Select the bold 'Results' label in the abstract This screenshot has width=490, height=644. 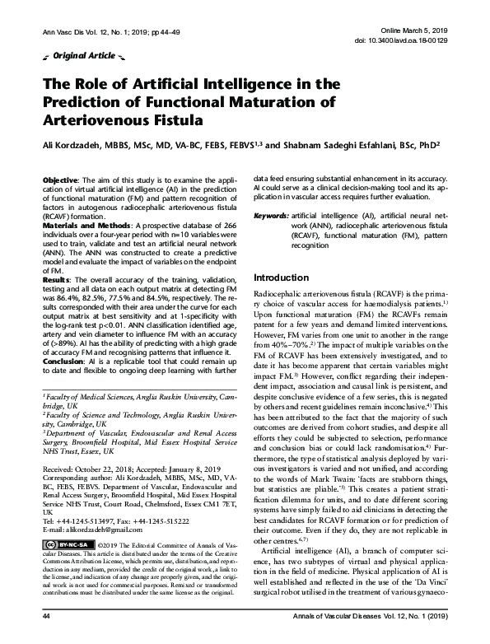pyautogui.click(x=57, y=279)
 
